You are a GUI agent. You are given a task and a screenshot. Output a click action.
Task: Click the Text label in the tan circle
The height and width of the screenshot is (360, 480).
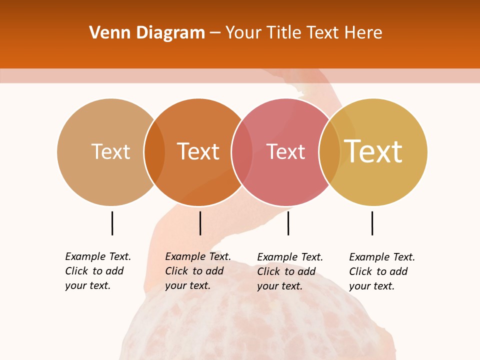110,151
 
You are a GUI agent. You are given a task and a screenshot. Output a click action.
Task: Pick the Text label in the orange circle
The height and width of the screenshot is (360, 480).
198,151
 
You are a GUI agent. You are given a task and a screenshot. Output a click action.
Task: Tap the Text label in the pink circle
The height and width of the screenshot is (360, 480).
285,151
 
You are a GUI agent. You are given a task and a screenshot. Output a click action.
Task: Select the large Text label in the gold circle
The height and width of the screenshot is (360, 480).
373,151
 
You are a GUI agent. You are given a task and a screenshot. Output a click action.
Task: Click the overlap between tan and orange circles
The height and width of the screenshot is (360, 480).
154,152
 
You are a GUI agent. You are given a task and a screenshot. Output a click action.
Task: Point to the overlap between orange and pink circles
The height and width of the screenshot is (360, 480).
242,152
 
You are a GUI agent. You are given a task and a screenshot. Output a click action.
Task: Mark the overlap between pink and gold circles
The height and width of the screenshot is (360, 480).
329,152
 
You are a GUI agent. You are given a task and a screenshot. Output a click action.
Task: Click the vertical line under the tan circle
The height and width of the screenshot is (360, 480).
112,223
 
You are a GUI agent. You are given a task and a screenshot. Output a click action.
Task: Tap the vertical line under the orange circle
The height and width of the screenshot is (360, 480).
200,223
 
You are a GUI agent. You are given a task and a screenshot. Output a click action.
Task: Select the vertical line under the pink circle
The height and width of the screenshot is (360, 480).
288,223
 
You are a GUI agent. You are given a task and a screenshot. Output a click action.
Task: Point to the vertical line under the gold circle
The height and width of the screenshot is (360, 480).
372,223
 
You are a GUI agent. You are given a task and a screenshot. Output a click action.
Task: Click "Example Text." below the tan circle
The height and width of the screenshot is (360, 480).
98,256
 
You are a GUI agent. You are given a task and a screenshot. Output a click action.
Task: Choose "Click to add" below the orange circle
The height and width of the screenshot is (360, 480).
194,271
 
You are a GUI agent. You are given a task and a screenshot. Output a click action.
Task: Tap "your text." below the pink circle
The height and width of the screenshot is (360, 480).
279,286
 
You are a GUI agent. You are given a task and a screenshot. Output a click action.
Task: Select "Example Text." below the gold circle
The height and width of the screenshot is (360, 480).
382,257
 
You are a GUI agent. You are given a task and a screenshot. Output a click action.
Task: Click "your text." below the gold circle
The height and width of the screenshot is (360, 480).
371,286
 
